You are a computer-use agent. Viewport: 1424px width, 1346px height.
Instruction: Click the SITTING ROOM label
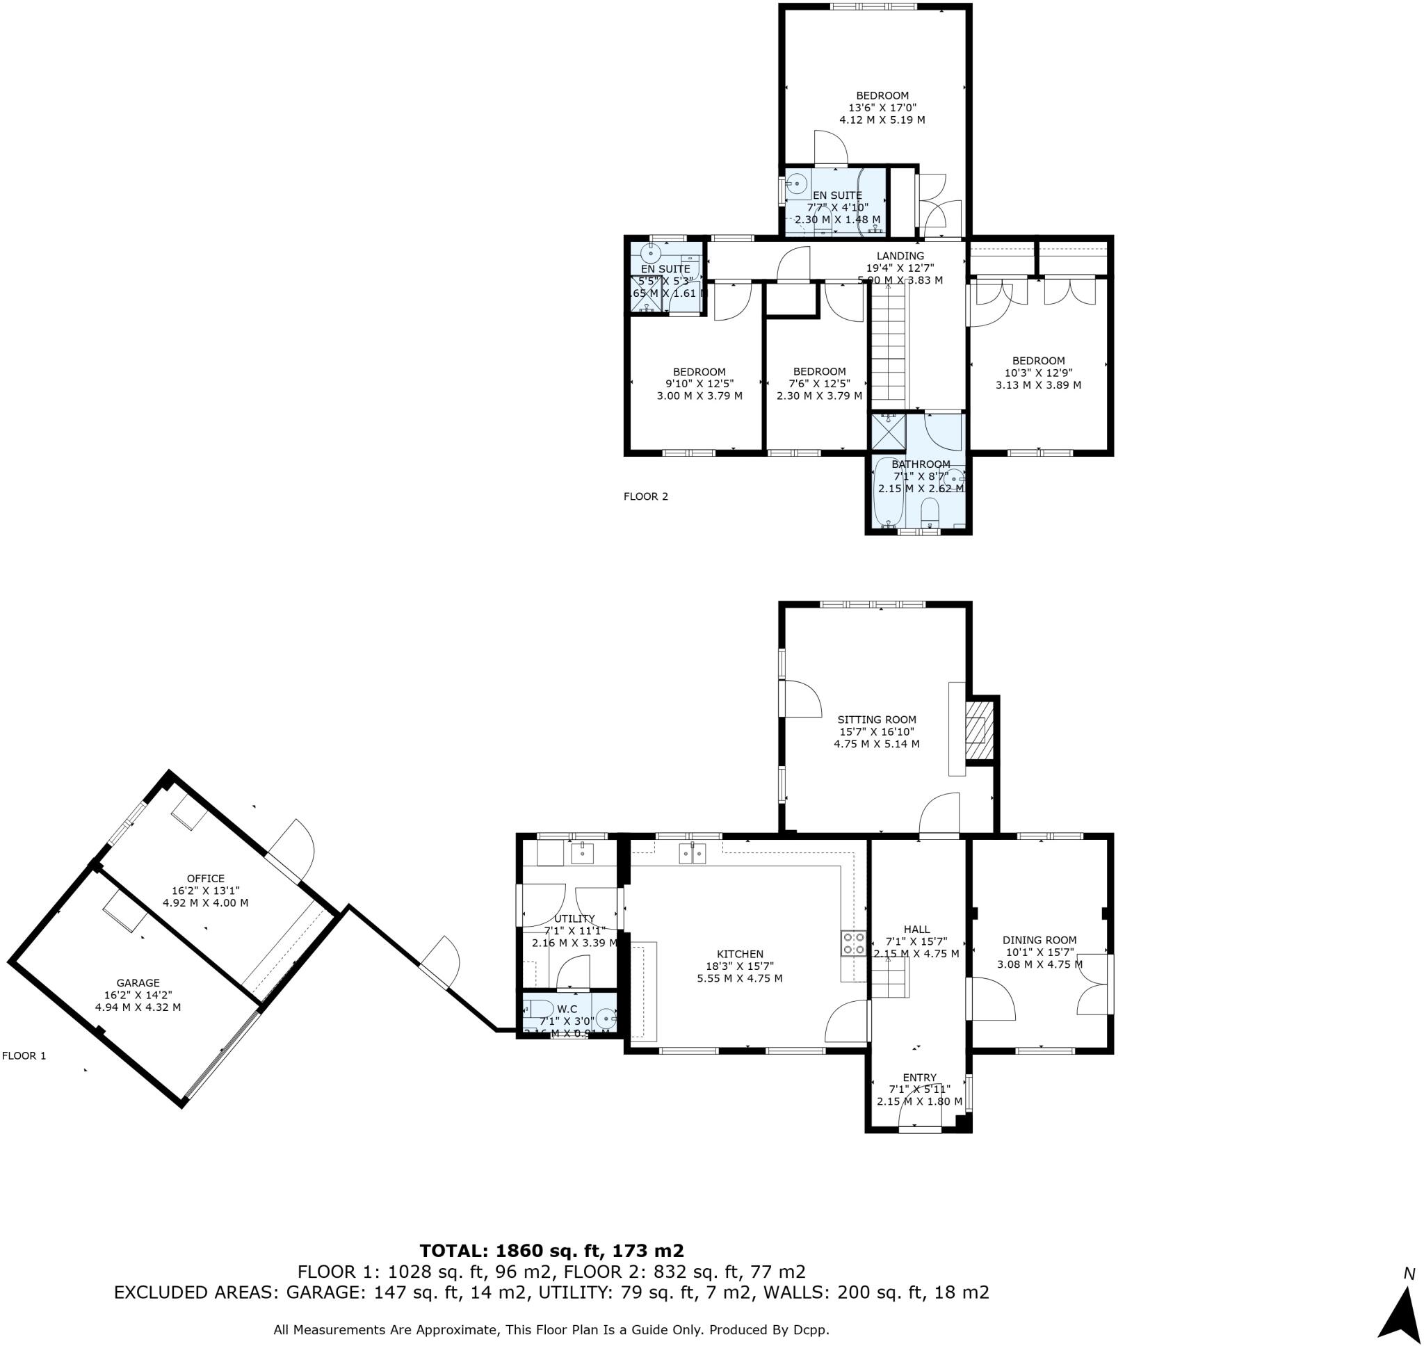pos(877,720)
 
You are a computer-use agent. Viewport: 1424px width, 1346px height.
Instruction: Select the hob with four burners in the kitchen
pos(853,943)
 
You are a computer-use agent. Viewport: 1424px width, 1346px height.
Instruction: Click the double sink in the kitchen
pos(693,853)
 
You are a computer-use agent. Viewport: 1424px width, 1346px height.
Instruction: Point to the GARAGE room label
pos(138,983)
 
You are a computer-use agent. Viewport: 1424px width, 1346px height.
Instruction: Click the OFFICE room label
pos(205,878)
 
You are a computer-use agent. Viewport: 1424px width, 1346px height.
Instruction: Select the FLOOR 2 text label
pos(646,496)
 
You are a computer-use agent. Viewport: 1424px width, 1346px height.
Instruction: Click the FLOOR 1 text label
pos(24,1055)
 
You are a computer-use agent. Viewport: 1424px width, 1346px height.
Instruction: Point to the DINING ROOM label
pos(1039,940)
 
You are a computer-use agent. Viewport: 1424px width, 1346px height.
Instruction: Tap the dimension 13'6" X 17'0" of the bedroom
pos(882,108)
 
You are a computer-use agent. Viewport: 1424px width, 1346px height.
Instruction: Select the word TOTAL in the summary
pos(454,1251)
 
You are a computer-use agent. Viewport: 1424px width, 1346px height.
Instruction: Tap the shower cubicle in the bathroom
pos(887,430)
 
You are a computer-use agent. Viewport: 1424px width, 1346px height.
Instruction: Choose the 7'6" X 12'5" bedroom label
pos(819,371)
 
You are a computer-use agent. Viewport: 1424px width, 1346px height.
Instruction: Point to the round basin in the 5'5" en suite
pos(652,252)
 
